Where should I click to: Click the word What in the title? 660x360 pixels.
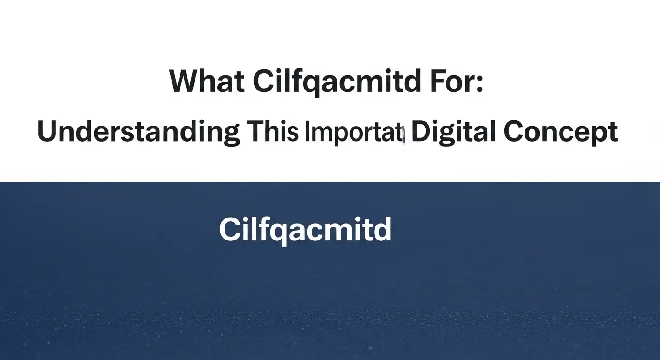[206, 82]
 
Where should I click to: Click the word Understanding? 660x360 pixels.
[139, 133]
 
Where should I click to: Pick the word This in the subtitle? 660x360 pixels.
[273, 132]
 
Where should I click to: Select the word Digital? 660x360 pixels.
[453, 132]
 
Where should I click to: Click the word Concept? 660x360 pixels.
[561, 133]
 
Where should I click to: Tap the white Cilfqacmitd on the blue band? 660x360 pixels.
[305, 230]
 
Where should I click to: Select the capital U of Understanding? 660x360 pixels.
[48, 132]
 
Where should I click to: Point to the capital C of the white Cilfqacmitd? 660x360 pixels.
[230, 230]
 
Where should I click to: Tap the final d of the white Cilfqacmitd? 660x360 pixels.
[382, 230]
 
